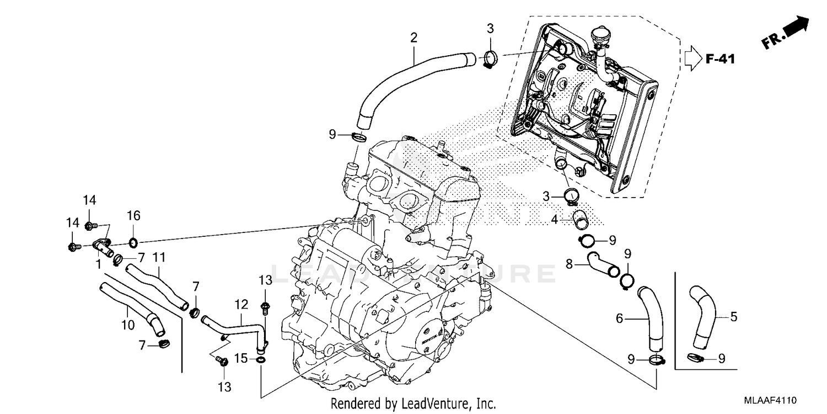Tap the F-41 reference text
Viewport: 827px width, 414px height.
click(720, 59)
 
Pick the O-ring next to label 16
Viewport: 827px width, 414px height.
click(133, 242)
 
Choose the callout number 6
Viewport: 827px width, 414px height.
click(619, 319)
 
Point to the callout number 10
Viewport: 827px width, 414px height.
click(127, 325)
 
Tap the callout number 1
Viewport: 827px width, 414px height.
click(98, 264)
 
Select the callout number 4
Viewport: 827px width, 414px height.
click(555, 219)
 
